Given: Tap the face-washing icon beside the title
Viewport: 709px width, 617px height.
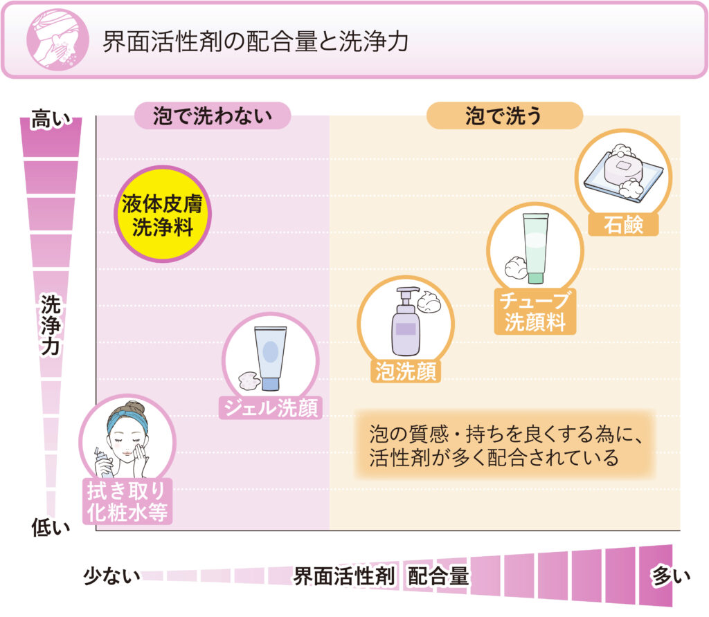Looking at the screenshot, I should point(53,39).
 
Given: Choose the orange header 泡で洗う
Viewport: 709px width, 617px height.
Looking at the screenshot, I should point(504,116).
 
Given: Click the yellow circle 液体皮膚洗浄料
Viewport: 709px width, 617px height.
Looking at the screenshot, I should point(161,214).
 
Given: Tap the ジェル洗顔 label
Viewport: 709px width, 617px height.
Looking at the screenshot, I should point(269,408).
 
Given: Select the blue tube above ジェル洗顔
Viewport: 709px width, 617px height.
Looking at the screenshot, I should point(269,356).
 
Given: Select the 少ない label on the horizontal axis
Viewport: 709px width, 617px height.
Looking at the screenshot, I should point(111,575).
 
